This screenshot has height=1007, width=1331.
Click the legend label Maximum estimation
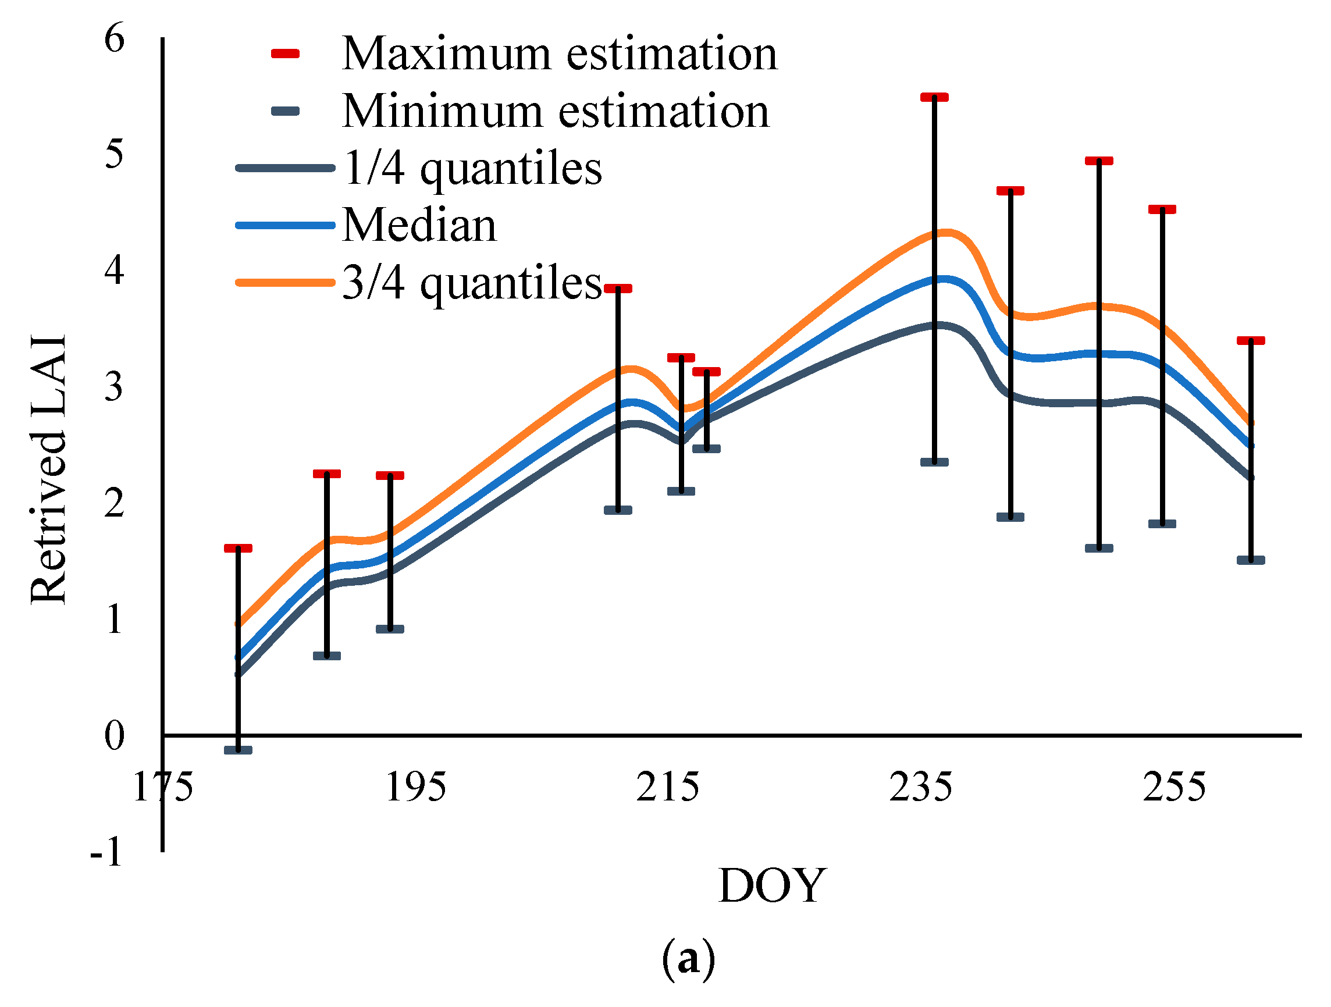coord(559,54)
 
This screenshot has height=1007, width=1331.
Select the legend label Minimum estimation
coord(555,112)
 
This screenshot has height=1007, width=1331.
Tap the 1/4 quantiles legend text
coord(472,169)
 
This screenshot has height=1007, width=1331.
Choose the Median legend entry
coord(419,226)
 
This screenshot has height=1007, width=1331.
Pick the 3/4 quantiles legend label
coord(472,283)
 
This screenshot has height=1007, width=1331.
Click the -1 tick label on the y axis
coord(106,852)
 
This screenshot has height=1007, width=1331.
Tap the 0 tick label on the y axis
coord(115,735)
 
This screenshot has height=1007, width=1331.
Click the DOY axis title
coord(772,886)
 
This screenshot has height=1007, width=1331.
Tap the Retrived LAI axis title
coord(48,469)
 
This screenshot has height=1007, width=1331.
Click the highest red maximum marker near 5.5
coord(934,98)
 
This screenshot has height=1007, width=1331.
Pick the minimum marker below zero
coord(239,750)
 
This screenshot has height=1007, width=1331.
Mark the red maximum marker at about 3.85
coord(618,289)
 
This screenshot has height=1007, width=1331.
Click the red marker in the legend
coord(285,54)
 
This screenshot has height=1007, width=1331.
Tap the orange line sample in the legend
coord(285,282)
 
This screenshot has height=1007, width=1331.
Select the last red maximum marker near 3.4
coord(1251,341)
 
